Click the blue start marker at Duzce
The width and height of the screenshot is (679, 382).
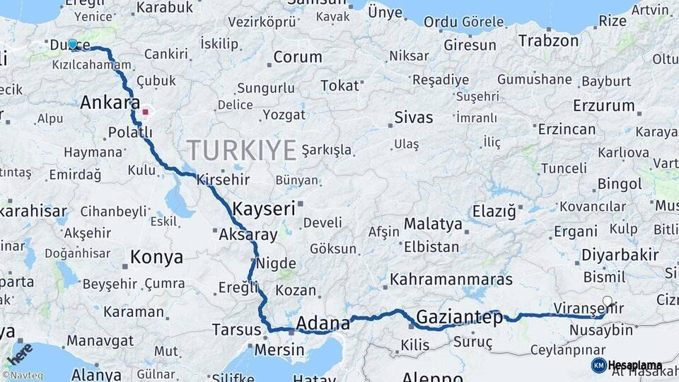point(73,45)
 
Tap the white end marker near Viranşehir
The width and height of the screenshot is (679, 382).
point(607,301)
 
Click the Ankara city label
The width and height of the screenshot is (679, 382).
point(110,103)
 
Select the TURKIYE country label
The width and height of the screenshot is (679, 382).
point(242,150)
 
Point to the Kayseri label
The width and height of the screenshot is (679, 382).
point(263,209)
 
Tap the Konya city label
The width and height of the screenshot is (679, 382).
point(156,257)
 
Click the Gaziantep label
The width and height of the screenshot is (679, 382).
point(460,317)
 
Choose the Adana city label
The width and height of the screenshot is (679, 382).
point(323,323)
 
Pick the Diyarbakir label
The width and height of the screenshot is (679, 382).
point(620,255)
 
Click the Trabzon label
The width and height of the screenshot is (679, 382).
point(548,41)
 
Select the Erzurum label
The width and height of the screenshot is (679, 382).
point(604,106)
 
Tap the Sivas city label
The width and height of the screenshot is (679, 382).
point(414,117)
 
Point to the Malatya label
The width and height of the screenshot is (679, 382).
point(433,224)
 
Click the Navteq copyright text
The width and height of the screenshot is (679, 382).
point(21,376)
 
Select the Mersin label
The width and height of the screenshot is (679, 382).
point(279,349)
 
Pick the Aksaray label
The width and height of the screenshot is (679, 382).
point(248,234)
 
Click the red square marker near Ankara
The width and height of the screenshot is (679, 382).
point(146,111)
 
